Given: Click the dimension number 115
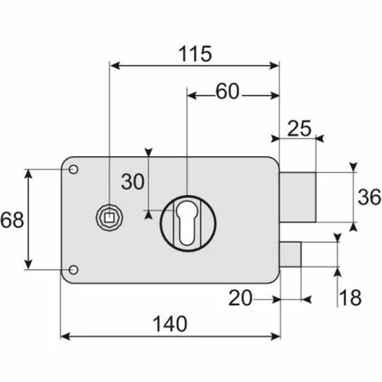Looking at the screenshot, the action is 195,54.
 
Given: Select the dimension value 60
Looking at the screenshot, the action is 228,91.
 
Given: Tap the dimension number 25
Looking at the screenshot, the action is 299,128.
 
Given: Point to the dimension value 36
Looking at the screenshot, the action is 369,197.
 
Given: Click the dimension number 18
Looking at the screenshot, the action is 350,297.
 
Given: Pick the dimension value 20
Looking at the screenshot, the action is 241,298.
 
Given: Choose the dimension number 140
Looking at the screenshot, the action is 170,323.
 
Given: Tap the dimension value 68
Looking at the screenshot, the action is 12,219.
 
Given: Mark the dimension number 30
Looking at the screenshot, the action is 132,181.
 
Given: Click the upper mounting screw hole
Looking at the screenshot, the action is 73,170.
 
